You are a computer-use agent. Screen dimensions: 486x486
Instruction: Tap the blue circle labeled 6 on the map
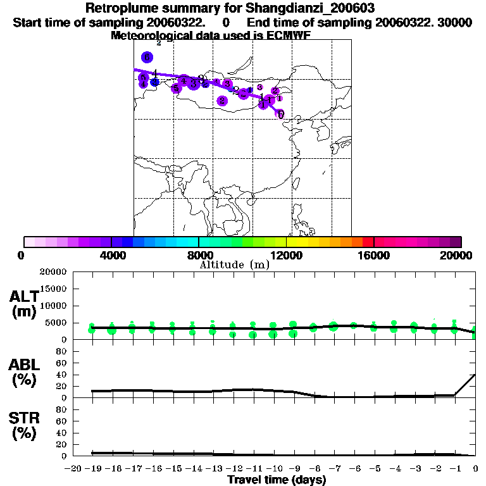(147, 58)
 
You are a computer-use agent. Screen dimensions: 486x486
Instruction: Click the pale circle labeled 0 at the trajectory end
(280, 114)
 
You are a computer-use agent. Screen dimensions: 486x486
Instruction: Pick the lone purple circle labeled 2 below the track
(222, 101)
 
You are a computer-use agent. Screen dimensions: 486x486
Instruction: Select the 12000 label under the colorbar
(286, 255)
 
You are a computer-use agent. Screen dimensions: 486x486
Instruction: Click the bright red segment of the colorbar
(368, 242)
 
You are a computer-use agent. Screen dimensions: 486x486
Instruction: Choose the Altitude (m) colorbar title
(234, 265)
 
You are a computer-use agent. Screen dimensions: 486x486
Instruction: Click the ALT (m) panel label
(25, 304)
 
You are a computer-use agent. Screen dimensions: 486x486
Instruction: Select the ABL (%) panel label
(25, 372)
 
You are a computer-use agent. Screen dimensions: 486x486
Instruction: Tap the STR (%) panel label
(25, 426)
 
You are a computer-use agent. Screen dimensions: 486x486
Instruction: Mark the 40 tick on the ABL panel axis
(61, 375)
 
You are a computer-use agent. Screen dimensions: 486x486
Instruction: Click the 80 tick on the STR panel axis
(61, 409)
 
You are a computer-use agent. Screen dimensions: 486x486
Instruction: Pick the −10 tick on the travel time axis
(274, 468)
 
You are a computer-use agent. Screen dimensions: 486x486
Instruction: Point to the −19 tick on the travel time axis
(92, 468)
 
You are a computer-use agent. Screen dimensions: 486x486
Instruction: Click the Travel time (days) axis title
(277, 480)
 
